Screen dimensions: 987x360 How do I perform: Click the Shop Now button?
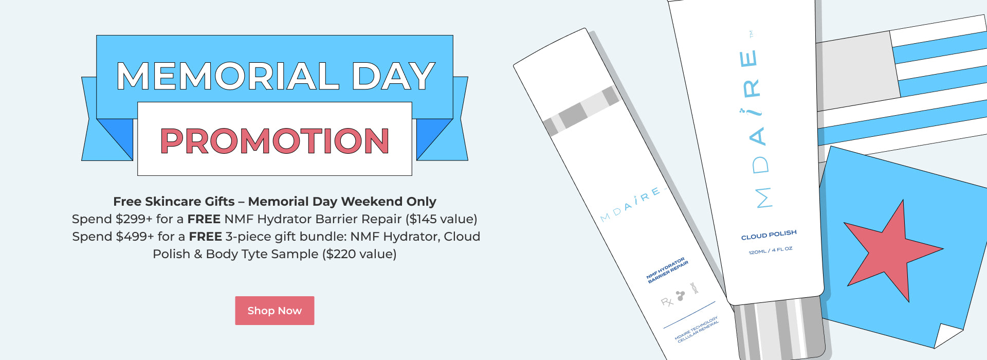point(275,311)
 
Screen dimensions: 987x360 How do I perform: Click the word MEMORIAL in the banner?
point(228,76)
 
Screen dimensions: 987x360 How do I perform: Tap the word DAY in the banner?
point(393,76)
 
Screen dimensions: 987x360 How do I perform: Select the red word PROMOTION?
point(275,141)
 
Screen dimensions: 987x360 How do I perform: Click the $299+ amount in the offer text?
point(134,219)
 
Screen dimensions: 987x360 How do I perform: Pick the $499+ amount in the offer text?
point(135,237)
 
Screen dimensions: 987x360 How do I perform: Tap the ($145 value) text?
point(441,219)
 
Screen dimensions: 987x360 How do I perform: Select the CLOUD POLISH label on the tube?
point(769,235)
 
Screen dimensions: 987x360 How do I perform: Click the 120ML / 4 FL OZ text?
point(770,250)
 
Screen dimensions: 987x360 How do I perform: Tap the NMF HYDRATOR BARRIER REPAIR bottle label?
point(667,270)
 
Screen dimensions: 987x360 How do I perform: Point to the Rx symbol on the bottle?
point(667,302)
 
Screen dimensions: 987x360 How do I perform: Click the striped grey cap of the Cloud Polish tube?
point(779,329)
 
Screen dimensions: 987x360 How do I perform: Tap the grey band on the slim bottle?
point(581,111)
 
